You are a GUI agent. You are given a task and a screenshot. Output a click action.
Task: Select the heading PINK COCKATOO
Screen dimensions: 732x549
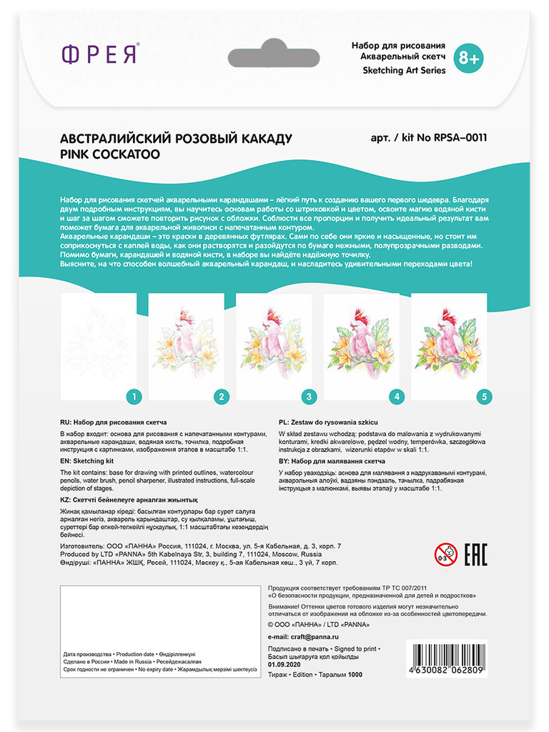point(110,154)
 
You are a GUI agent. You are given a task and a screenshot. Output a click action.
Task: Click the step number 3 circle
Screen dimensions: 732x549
point(309,395)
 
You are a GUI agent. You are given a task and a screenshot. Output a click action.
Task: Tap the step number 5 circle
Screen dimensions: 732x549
point(485,395)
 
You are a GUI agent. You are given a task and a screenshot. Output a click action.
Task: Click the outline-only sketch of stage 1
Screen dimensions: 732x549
point(99,343)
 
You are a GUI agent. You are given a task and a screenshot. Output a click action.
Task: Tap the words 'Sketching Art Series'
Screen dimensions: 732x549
point(404,70)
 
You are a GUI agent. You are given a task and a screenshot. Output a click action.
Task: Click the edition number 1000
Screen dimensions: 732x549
point(355,674)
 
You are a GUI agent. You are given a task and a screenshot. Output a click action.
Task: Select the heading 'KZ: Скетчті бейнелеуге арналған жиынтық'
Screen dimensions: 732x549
point(128,500)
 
